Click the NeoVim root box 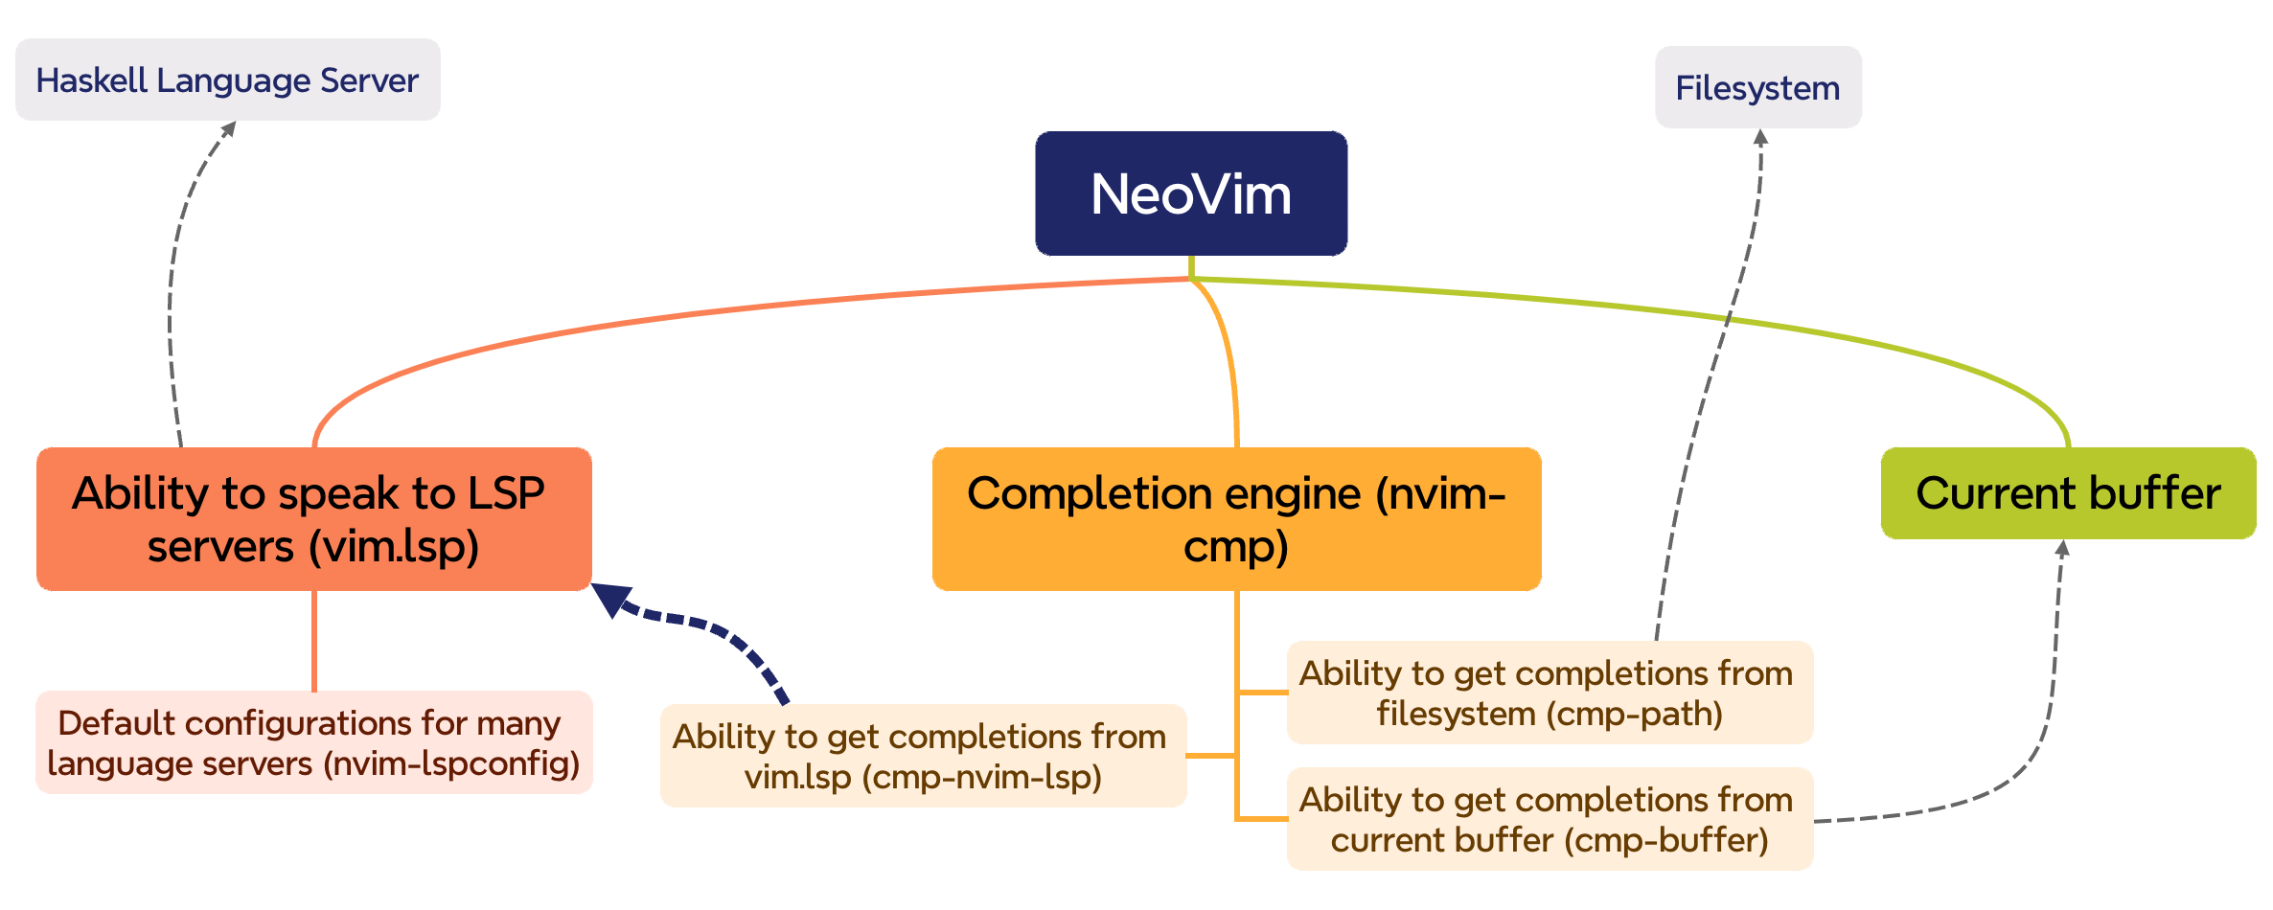1191,193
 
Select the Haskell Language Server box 227,80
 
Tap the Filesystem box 1757,88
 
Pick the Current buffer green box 2068,493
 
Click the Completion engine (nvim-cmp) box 1236,519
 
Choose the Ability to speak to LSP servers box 313,519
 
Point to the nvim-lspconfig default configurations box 313,743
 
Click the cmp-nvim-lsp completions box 923,756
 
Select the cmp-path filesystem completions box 1550,693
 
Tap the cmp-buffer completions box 1550,819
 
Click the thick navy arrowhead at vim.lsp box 609,598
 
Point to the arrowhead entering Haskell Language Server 228,128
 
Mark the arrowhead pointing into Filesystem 1760,137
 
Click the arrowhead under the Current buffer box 2063,548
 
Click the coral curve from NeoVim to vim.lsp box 671,317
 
